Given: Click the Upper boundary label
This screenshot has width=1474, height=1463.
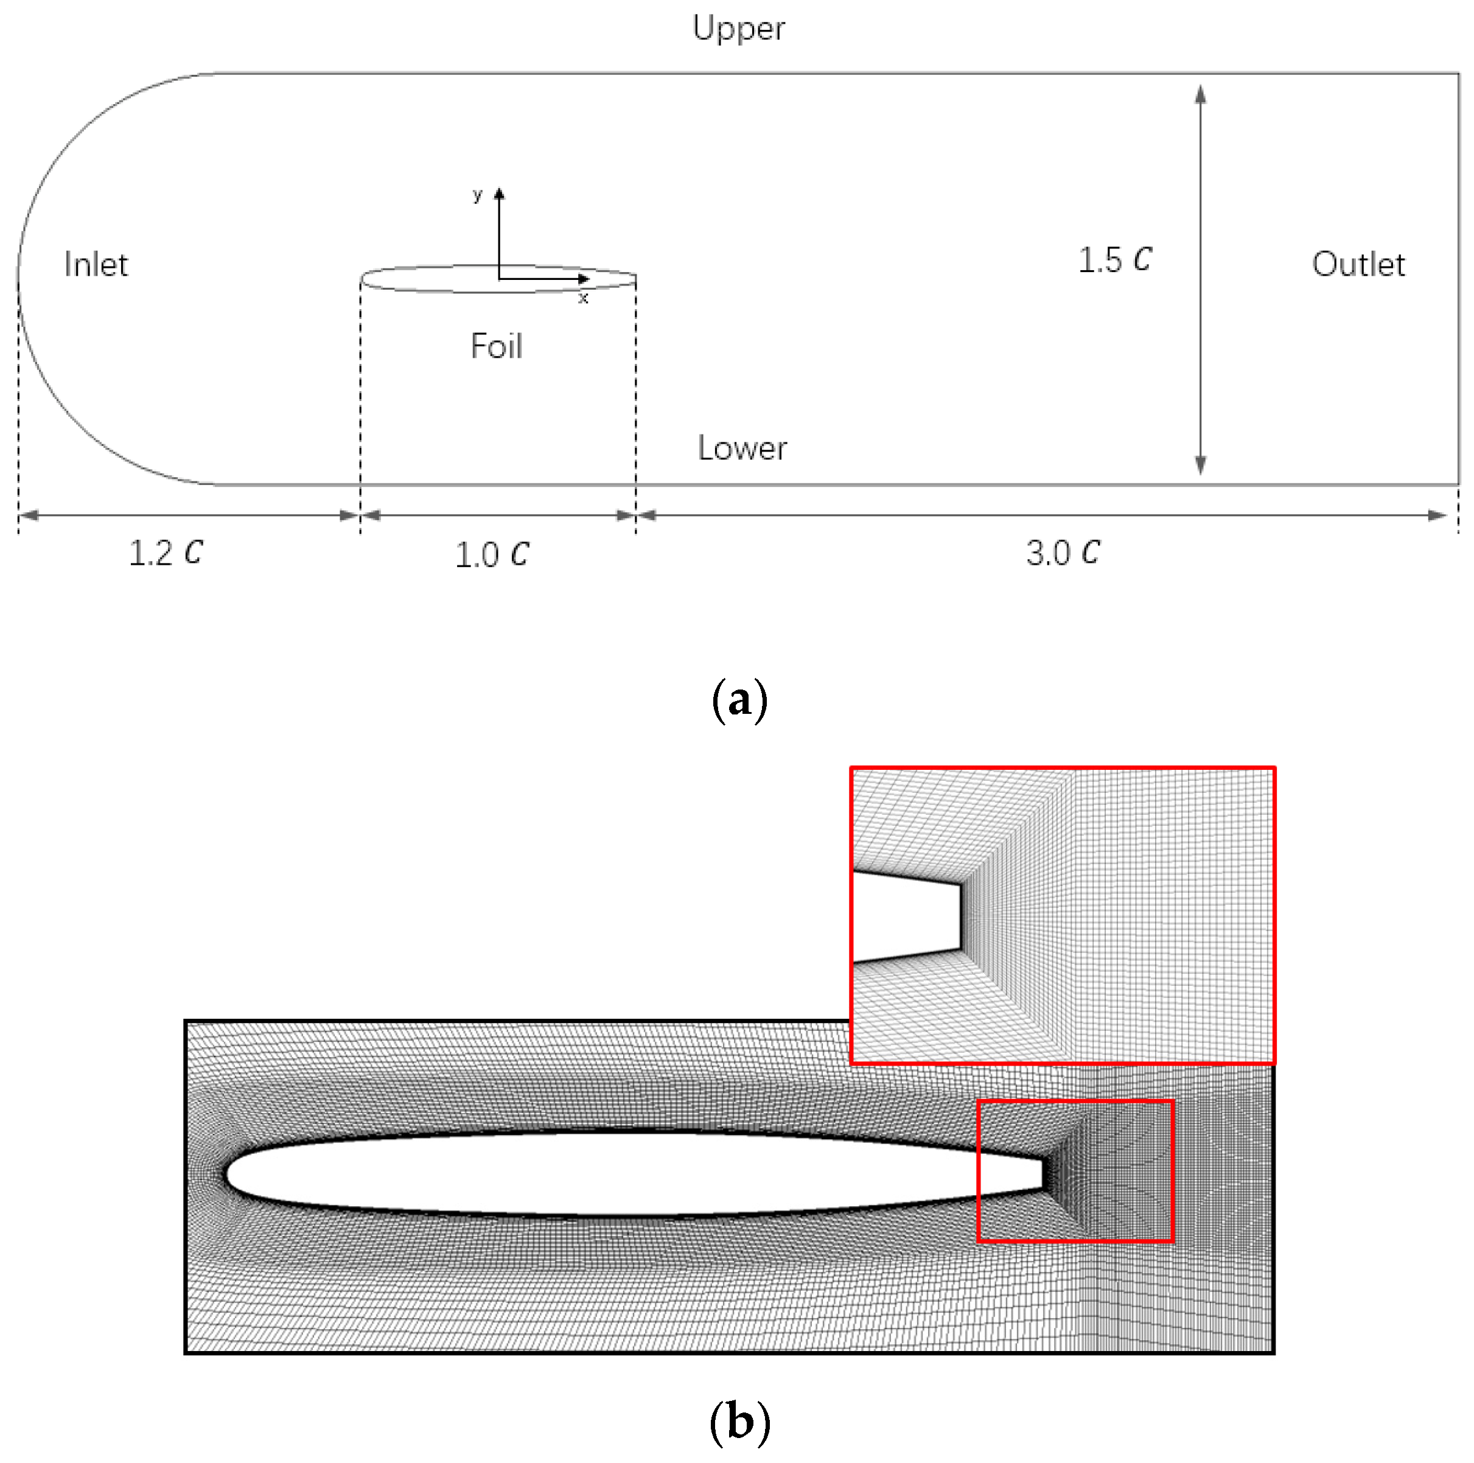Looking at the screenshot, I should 738,29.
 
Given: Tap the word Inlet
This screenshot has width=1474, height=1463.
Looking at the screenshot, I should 96,265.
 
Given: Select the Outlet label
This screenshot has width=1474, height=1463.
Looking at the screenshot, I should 1358,265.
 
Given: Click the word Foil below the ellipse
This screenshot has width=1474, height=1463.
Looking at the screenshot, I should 496,346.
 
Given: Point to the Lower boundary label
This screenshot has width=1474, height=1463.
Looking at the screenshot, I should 742,448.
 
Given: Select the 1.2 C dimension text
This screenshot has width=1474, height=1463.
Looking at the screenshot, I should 166,553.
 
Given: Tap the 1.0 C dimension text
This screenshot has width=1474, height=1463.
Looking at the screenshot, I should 492,554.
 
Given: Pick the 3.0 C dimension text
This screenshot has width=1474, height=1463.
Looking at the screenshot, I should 1063,553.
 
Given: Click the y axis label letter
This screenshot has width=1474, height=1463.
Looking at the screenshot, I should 478,195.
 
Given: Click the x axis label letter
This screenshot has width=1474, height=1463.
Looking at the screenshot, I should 583,298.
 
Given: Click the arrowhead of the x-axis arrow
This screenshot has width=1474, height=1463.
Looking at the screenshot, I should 585,278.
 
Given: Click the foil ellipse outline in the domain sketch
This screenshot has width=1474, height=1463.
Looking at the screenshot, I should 427,269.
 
